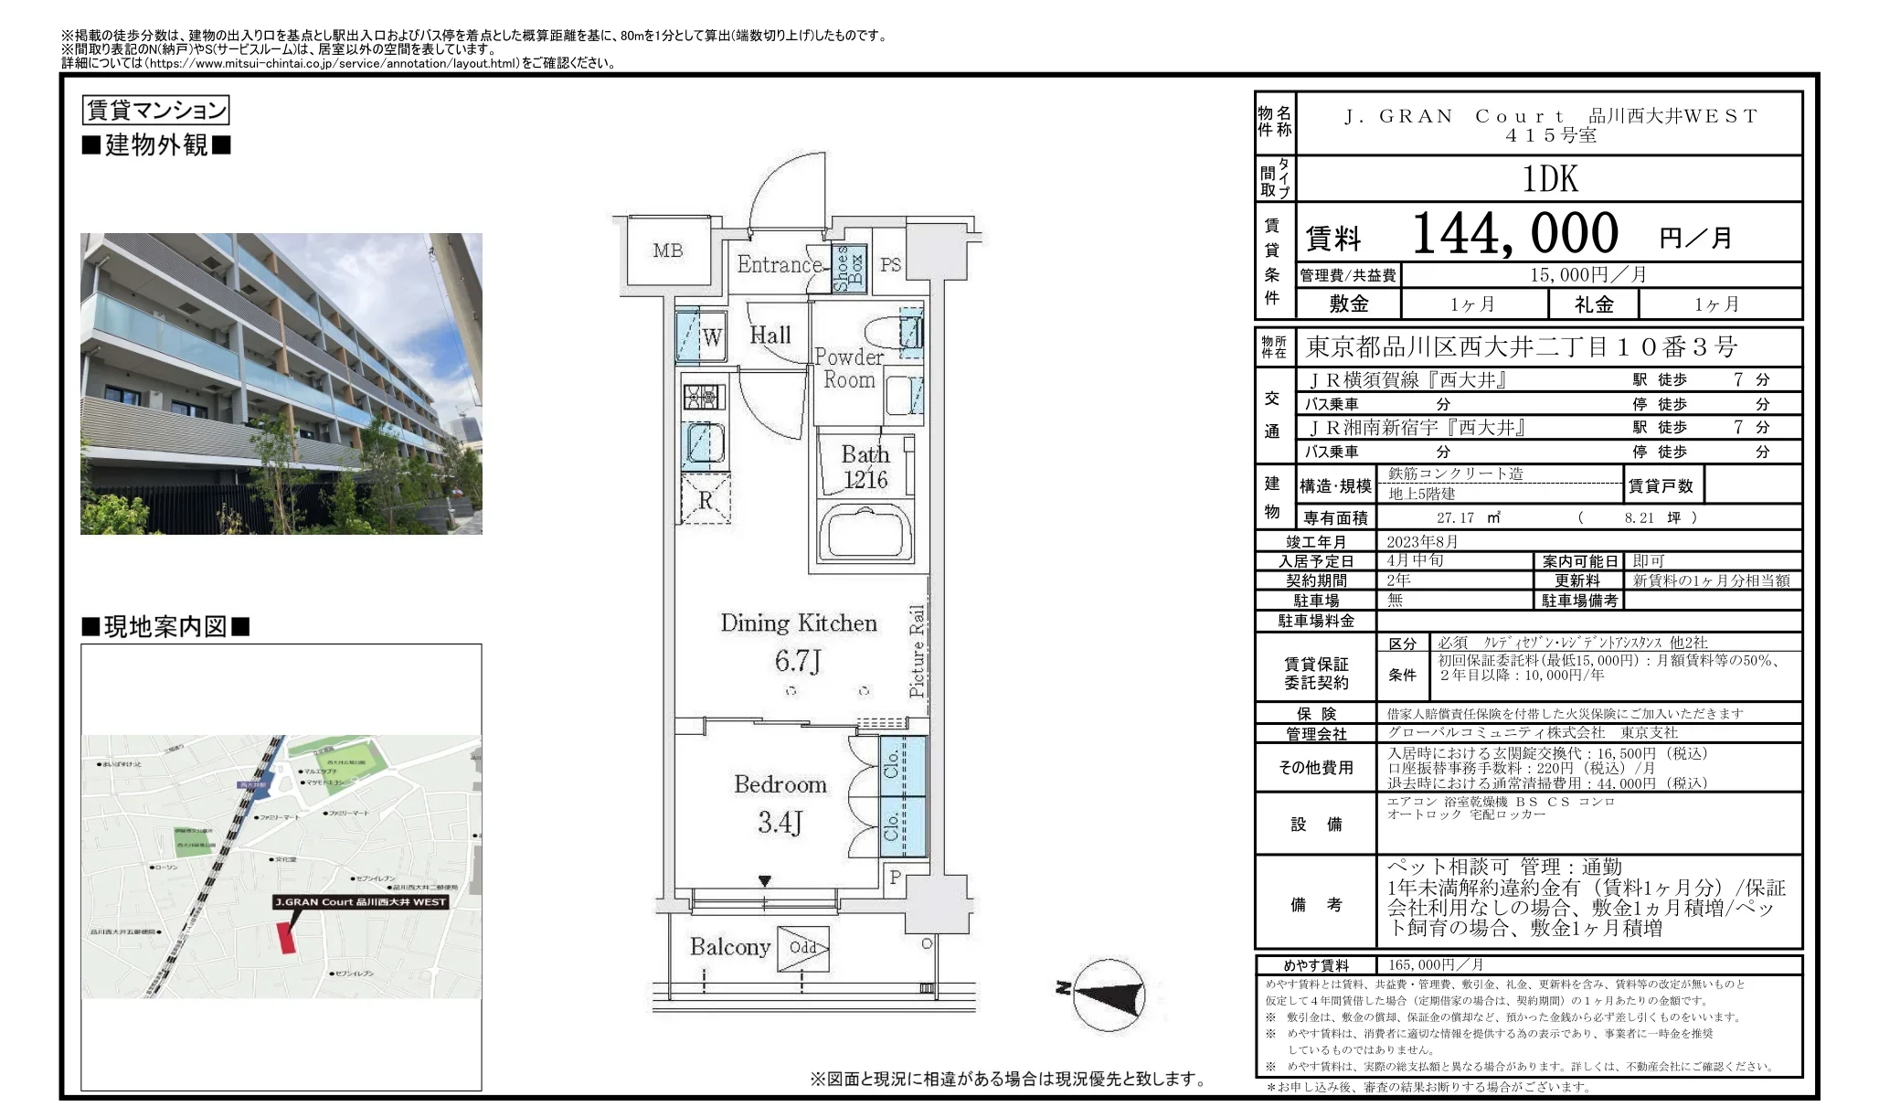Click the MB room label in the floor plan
(667, 250)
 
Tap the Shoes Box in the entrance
(849, 268)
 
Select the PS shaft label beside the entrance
(890, 265)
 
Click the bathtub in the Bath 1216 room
(865, 531)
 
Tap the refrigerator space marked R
(706, 500)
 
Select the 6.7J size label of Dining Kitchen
(798, 661)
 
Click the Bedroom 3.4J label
(780, 804)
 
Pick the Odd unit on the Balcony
(803, 947)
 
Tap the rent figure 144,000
(1514, 234)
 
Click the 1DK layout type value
(1550, 179)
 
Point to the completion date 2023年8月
(1422, 541)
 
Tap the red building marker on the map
(287, 937)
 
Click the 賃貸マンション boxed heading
(155, 111)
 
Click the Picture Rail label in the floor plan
(917, 650)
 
